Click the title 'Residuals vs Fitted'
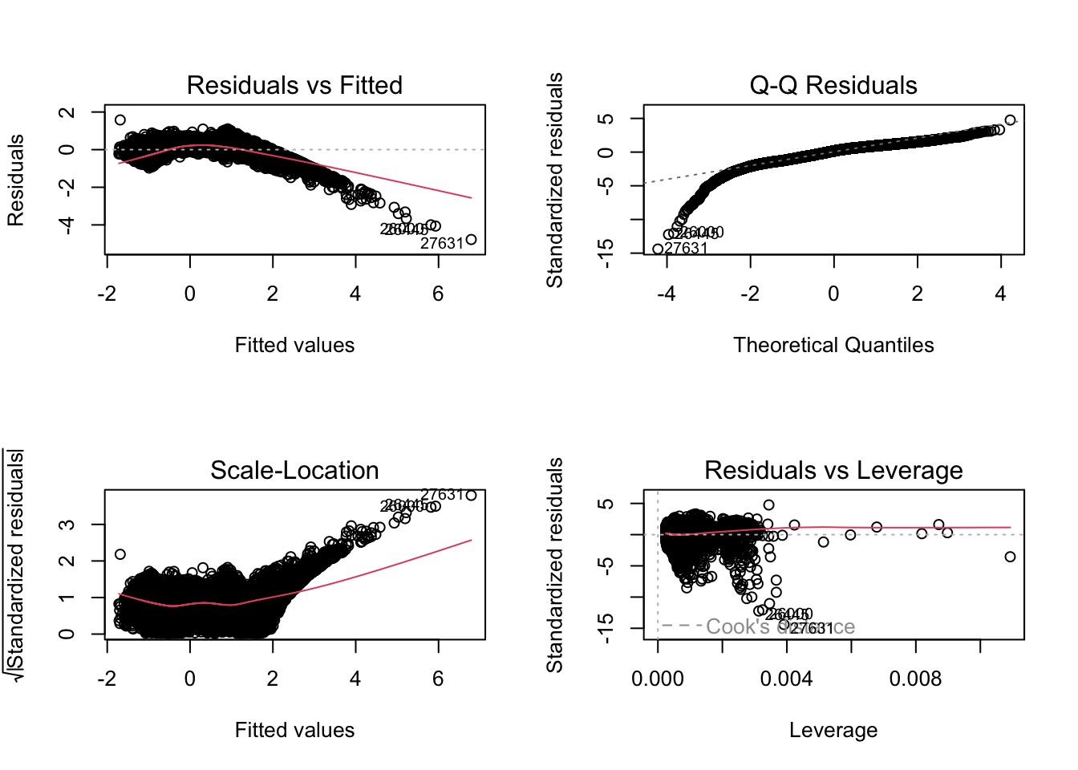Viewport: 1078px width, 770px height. point(294,85)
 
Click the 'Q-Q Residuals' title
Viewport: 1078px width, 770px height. point(833,85)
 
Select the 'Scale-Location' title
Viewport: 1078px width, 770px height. point(294,470)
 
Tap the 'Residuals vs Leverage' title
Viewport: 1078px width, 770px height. point(833,470)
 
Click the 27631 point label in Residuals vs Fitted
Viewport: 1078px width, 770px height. point(442,244)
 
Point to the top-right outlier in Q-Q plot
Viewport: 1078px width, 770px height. point(1010,120)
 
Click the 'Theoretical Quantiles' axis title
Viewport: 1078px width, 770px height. point(833,345)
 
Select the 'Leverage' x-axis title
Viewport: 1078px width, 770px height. point(833,730)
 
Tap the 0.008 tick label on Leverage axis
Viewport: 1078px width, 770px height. point(915,679)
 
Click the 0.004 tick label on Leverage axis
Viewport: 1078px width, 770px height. point(786,679)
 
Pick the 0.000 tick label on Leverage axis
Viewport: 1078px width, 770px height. point(658,679)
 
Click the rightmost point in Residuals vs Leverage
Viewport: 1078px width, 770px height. point(1010,557)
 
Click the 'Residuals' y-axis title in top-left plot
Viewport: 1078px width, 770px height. point(15,180)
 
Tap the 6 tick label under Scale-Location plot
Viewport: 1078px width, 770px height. point(438,679)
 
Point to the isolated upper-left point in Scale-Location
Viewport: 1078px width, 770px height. point(120,554)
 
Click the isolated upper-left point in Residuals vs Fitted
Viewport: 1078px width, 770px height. point(120,120)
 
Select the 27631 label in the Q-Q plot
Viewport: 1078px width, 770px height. point(687,249)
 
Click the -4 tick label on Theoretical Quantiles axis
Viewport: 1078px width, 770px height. point(667,294)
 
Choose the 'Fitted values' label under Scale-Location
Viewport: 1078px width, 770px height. point(294,730)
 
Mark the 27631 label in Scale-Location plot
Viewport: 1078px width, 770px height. point(442,495)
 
